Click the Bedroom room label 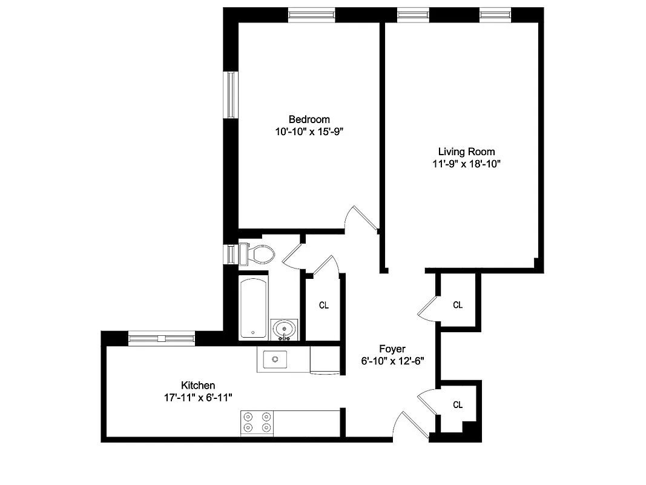click(309, 119)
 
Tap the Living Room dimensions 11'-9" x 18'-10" click(466, 164)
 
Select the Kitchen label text click(198, 385)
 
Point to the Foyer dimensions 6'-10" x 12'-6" click(392, 361)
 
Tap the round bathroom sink click(283, 329)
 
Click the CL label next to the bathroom click(324, 305)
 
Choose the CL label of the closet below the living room click(458, 305)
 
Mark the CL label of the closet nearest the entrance click(458, 404)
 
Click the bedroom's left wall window click(231, 95)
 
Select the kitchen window click(162, 338)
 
